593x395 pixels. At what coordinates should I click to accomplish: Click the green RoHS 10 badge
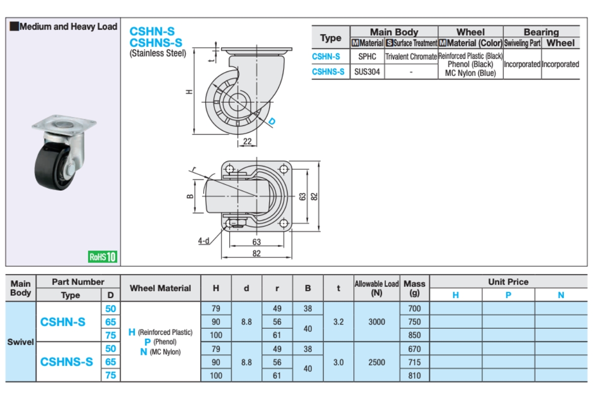coord(103,257)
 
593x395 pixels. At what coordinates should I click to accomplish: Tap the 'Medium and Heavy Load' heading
coord(64,27)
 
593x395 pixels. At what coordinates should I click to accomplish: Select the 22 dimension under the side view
coord(248,142)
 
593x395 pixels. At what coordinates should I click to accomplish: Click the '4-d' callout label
coord(203,241)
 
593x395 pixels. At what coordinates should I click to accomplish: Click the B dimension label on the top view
coord(189,196)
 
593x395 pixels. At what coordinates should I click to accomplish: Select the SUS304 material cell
coord(367,72)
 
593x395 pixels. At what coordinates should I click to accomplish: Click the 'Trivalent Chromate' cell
coord(411,57)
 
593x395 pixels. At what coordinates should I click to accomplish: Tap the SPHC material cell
coord(367,57)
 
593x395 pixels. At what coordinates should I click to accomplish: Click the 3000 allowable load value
coord(377,322)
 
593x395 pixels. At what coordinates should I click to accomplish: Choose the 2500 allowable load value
coord(377,362)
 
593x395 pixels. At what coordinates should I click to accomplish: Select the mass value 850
coord(415,335)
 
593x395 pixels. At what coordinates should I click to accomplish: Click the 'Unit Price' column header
coord(508,282)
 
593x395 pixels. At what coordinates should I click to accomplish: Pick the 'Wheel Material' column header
coord(160,288)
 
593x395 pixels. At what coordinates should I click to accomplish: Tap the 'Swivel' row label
coord(20,342)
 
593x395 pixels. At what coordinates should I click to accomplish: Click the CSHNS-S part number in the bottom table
coord(67,362)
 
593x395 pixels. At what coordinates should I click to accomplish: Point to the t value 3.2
coord(339,322)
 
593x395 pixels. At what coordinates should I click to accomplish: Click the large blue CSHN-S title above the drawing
coord(152,31)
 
